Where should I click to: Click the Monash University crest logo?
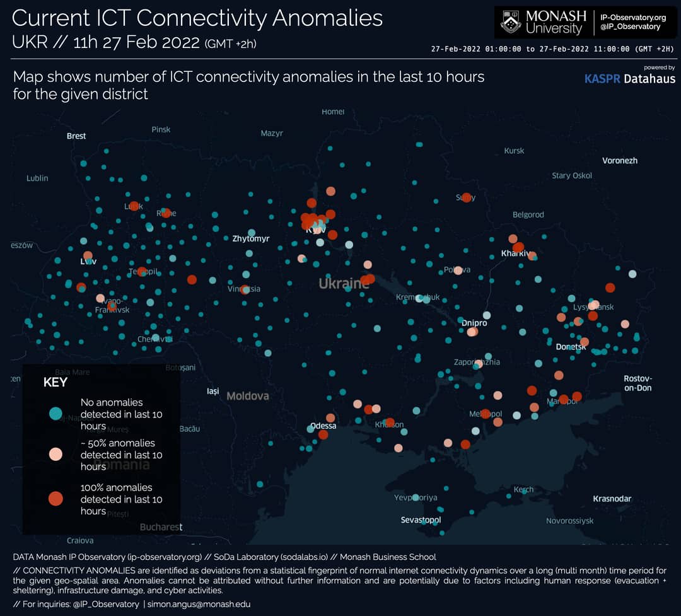(511, 22)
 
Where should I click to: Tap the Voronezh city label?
(619, 161)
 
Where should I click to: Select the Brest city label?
(76, 136)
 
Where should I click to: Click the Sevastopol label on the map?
(421, 520)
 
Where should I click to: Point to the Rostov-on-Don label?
(637, 383)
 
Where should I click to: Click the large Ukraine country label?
(344, 284)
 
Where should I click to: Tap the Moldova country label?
(247, 396)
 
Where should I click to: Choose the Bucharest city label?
(161, 527)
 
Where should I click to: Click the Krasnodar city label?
(612, 499)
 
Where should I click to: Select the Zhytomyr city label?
(250, 239)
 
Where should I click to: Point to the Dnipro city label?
(474, 323)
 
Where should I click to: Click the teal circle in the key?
(55, 414)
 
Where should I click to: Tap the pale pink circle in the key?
(55, 454)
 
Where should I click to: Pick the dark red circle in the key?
(55, 499)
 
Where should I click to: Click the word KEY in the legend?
(55, 382)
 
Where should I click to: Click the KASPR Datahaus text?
(629, 79)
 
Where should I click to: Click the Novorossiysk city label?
(569, 521)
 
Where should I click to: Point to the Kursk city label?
(514, 151)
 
